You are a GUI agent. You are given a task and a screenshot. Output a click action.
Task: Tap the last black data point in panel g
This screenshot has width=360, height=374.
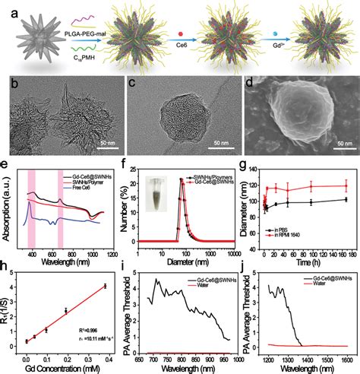point(346,200)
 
